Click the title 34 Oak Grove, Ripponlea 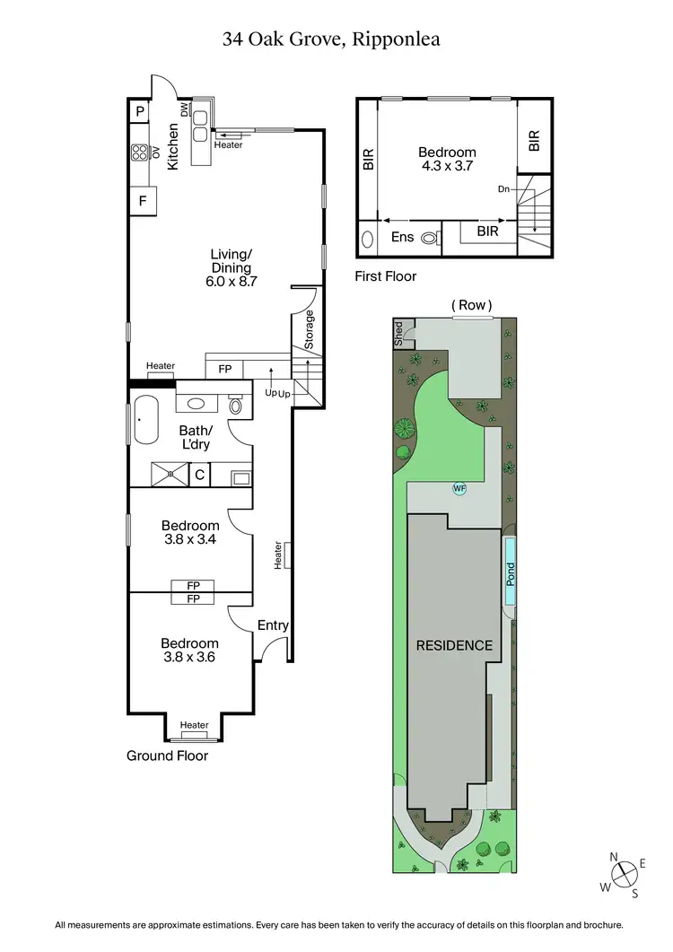click(331, 39)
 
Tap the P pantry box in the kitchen click(140, 111)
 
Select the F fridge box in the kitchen click(142, 201)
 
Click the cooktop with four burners click(140, 153)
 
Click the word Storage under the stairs click(310, 331)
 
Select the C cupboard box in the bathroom click(201, 474)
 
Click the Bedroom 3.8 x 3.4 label click(190, 532)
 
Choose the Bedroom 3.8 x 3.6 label click(190, 650)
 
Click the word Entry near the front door click(274, 625)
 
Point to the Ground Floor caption click(167, 755)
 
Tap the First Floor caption click(387, 276)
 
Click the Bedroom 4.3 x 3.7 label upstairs click(446, 159)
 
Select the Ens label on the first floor click(401, 238)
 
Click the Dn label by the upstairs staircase click(505, 189)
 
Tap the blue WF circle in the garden click(459, 489)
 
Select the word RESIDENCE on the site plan click(453, 645)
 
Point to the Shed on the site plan click(400, 334)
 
